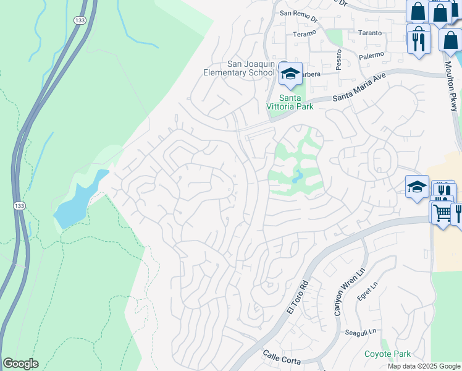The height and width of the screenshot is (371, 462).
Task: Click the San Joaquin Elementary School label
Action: click(238, 68)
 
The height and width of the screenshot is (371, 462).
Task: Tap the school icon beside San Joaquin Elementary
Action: click(290, 74)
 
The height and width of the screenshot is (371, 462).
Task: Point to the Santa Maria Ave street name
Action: click(358, 87)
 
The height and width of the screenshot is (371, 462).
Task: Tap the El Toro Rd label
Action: click(297, 297)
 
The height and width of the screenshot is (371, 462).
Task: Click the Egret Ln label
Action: click(366, 290)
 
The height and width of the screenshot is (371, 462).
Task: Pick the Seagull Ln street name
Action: click(361, 332)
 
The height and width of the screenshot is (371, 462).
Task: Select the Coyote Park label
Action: click(387, 354)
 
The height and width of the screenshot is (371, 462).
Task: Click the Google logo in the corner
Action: click(20, 363)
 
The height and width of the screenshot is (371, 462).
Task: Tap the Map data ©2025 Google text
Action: click(424, 366)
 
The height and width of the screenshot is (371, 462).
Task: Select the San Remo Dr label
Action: click(298, 12)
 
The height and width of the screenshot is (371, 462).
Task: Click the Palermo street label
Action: click(371, 55)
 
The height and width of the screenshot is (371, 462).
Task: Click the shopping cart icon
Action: click(441, 212)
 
